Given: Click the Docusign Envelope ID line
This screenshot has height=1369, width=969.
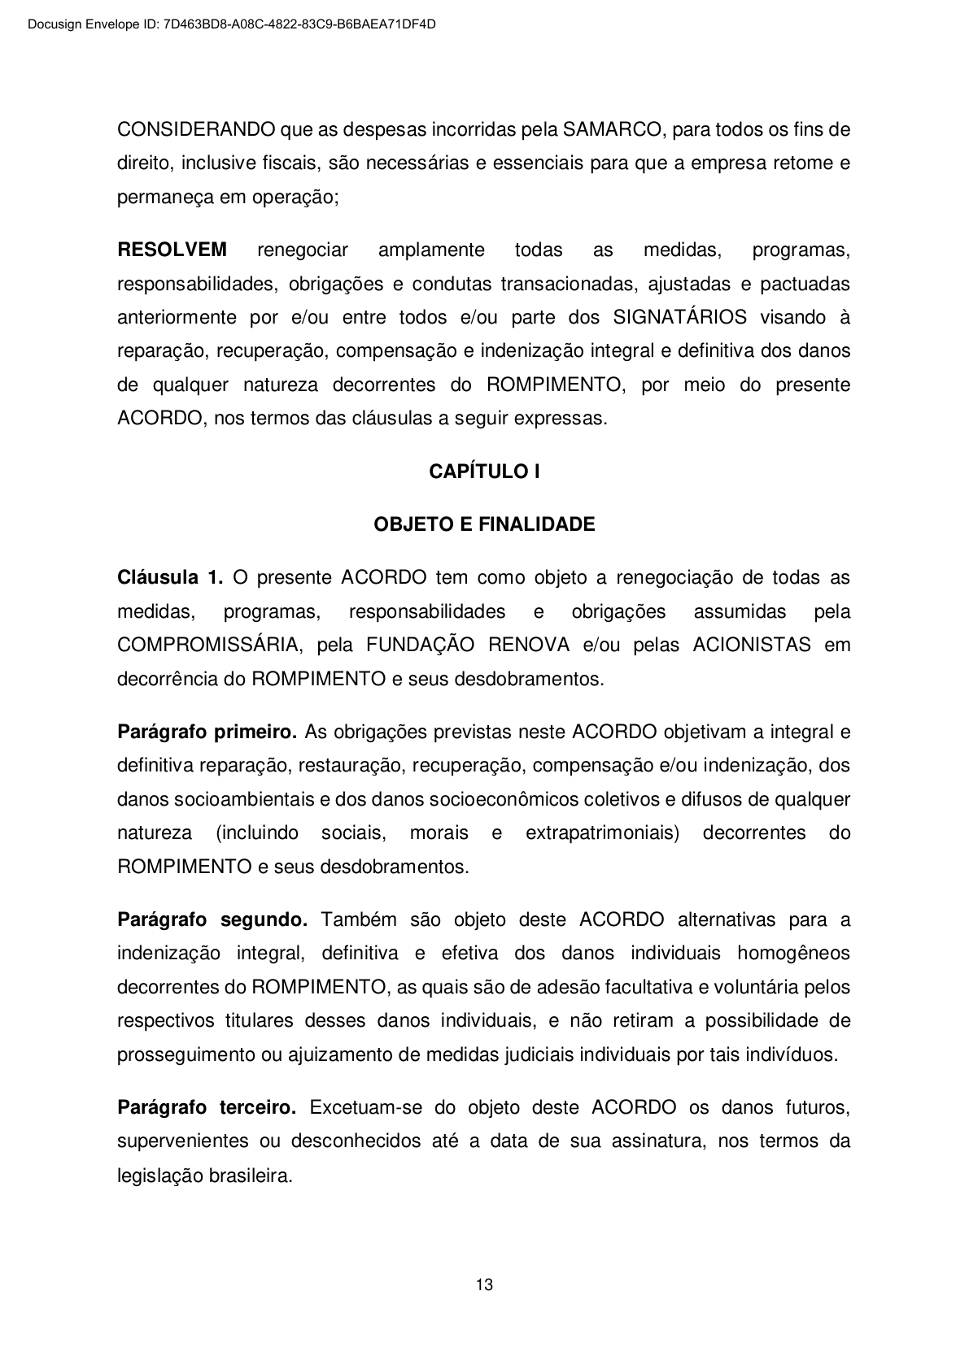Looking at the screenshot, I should coord(232,24).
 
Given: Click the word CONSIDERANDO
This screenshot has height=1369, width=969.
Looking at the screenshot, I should coord(196,130).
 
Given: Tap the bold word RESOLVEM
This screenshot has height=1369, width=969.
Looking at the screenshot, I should coord(172,250).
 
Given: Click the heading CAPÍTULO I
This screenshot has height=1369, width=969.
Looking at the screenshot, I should coord(484,472).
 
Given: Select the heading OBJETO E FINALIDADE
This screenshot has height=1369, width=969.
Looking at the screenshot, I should coord(484,525).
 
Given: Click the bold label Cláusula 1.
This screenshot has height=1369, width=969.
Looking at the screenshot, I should coord(170,578).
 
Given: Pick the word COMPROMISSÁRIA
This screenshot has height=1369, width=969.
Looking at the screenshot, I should coord(210,645).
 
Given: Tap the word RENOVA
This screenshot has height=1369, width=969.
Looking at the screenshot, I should coord(528,645).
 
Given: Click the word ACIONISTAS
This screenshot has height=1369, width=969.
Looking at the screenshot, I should coord(752,645).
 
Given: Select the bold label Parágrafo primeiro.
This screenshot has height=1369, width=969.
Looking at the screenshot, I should coord(207,732).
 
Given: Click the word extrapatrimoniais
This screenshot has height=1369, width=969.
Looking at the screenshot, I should coord(602,833).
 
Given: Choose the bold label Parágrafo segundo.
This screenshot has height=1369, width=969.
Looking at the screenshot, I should coord(212,920).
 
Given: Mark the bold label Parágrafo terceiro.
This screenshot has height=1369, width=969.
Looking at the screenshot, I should coord(207,1108).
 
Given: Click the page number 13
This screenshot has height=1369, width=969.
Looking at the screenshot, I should coord(484,1285).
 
